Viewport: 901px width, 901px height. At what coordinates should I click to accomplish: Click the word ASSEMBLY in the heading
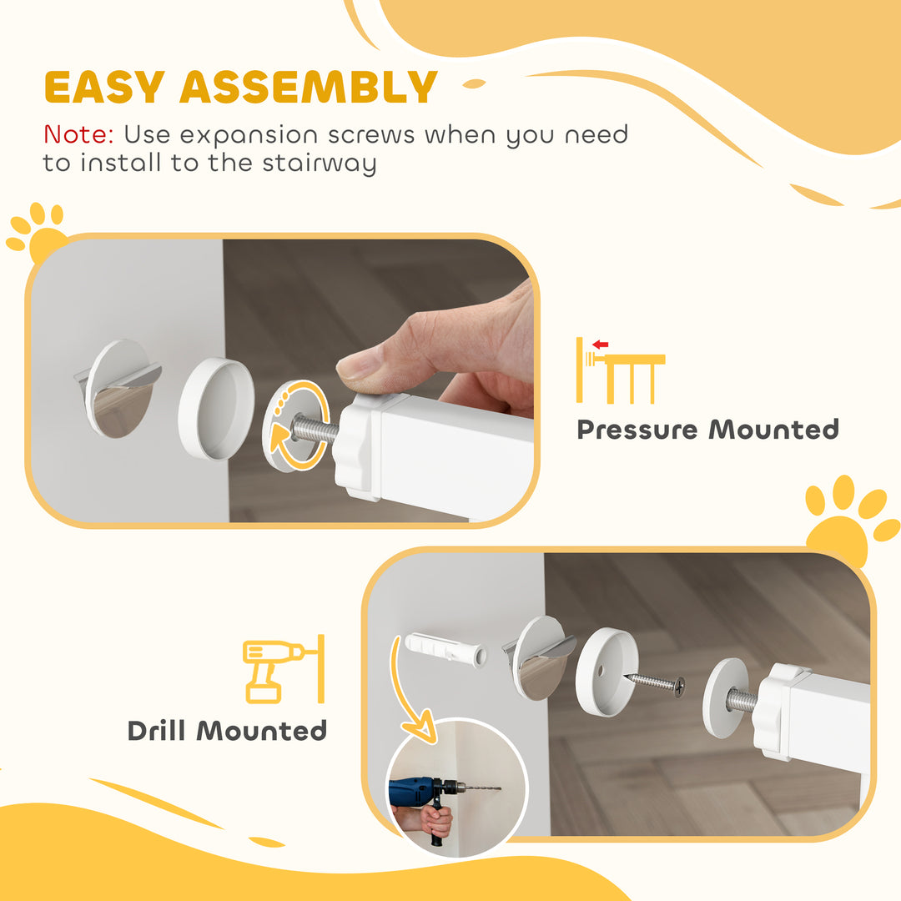click(x=309, y=87)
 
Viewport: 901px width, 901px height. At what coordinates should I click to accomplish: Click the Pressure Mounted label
click(x=707, y=430)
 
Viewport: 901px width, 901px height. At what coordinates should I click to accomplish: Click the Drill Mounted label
click(x=227, y=731)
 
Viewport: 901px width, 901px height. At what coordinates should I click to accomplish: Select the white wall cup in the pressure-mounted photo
click(x=215, y=408)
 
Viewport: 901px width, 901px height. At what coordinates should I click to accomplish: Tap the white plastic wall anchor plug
click(x=445, y=651)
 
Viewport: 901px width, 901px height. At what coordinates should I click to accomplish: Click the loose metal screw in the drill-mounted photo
click(x=656, y=682)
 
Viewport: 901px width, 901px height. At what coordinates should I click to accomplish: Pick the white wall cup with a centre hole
click(x=607, y=672)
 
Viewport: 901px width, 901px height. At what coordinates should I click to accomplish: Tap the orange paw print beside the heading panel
click(x=38, y=232)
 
